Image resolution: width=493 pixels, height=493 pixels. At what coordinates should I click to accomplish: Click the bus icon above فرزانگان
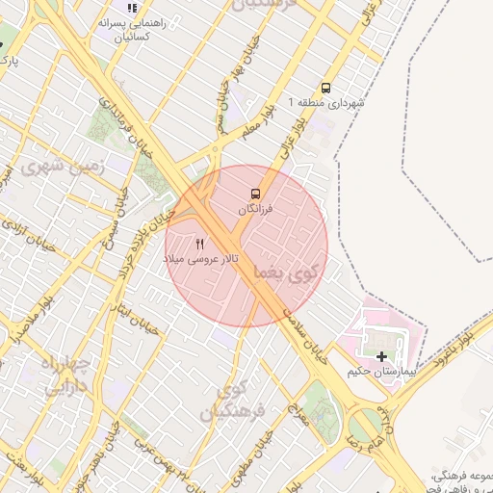pyautogui.click(x=255, y=193)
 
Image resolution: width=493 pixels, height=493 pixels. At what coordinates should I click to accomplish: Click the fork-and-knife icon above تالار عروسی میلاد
pyautogui.click(x=200, y=244)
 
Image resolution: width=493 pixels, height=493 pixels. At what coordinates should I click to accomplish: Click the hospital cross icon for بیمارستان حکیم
pyautogui.click(x=382, y=356)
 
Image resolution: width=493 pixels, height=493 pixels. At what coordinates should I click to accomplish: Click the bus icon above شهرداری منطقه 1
pyautogui.click(x=325, y=87)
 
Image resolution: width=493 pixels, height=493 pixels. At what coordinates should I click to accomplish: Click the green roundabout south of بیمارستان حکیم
pyautogui.click(x=366, y=425)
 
